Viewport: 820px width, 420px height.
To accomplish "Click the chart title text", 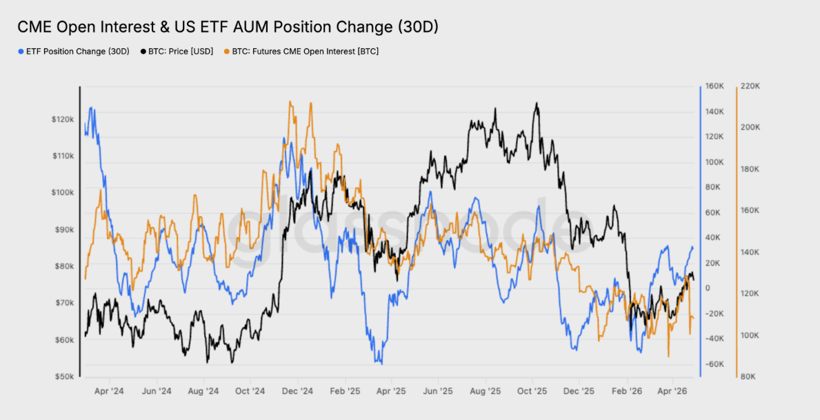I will pos(228,27).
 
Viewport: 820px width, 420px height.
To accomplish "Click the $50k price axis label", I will pos(64,377).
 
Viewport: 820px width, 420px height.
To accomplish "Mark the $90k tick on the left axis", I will pos(64,230).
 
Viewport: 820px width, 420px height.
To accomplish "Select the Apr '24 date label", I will pos(109,391).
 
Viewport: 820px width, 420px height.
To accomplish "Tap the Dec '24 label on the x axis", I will pos(297,391).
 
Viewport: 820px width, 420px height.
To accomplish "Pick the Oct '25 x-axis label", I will pos(532,391).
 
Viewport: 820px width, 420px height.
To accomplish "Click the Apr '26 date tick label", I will pos(673,391).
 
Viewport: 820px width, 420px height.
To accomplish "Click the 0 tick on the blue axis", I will pos(708,288).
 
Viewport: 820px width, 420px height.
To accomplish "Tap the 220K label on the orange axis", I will pos(750,86).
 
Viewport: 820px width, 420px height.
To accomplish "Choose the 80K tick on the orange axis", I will pos(748,377).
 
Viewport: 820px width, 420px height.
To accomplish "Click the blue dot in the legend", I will pos(21,52).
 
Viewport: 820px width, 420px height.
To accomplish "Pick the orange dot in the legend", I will pos(227,52).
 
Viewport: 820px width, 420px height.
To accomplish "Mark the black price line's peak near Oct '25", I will pos(536,103).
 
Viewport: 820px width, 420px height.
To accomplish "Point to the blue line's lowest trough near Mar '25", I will pos(381,363).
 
